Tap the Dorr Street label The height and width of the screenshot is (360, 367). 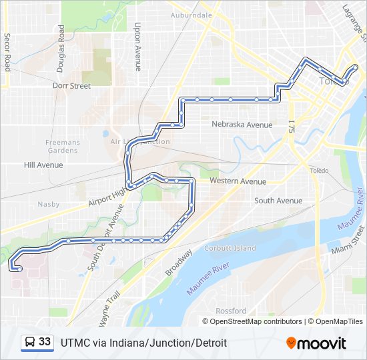(71, 86)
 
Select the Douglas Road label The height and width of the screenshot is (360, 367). (61, 43)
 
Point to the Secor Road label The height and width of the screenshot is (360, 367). (7, 52)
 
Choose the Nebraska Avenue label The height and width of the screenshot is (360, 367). (242, 125)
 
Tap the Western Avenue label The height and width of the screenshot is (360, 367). (238, 181)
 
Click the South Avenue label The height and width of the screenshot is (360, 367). (278, 201)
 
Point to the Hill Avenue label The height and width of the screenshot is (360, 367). (43, 165)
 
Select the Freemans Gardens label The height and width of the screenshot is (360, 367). (63, 146)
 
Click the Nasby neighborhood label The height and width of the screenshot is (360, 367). (48, 204)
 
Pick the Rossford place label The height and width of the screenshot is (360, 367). (231, 311)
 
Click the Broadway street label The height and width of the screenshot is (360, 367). (178, 263)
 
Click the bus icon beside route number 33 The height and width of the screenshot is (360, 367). (30, 342)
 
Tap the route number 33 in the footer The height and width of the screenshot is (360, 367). (45, 342)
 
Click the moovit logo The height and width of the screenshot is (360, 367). (316, 343)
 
